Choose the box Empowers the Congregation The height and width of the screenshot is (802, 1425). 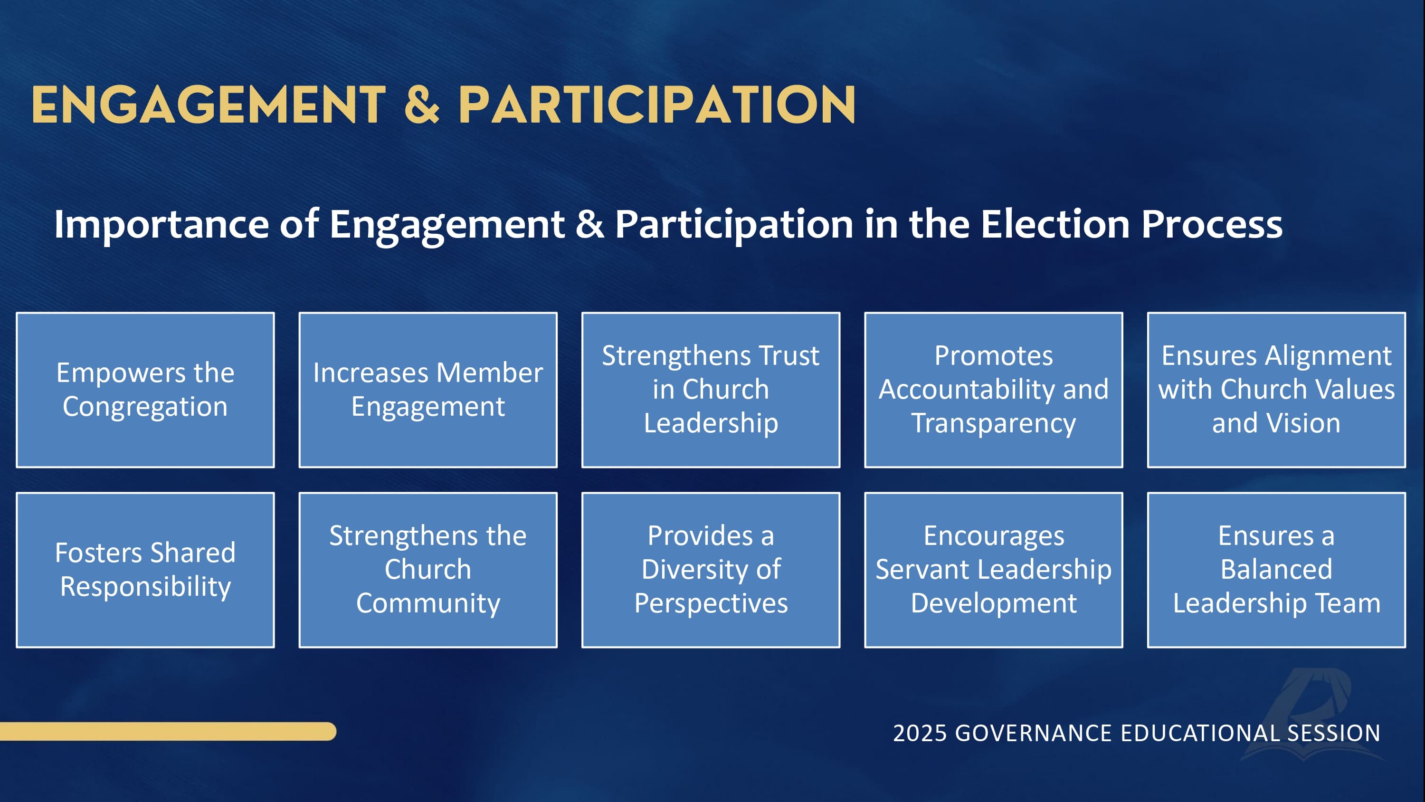pyautogui.click(x=145, y=390)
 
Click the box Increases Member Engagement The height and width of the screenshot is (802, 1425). pyautogui.click(x=427, y=390)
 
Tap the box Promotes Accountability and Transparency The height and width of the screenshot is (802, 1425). pyautogui.click(x=994, y=390)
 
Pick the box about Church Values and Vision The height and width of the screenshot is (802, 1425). pyautogui.click(x=1276, y=390)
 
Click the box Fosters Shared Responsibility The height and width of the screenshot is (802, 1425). pyautogui.click(x=145, y=570)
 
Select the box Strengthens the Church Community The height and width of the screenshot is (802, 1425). pyautogui.click(x=427, y=570)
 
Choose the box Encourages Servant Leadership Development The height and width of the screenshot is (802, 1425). pyautogui.click(x=994, y=570)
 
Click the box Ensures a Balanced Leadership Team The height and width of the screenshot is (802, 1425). pyautogui.click(x=1276, y=570)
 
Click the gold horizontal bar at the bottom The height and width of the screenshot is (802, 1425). pyautogui.click(x=166, y=731)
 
